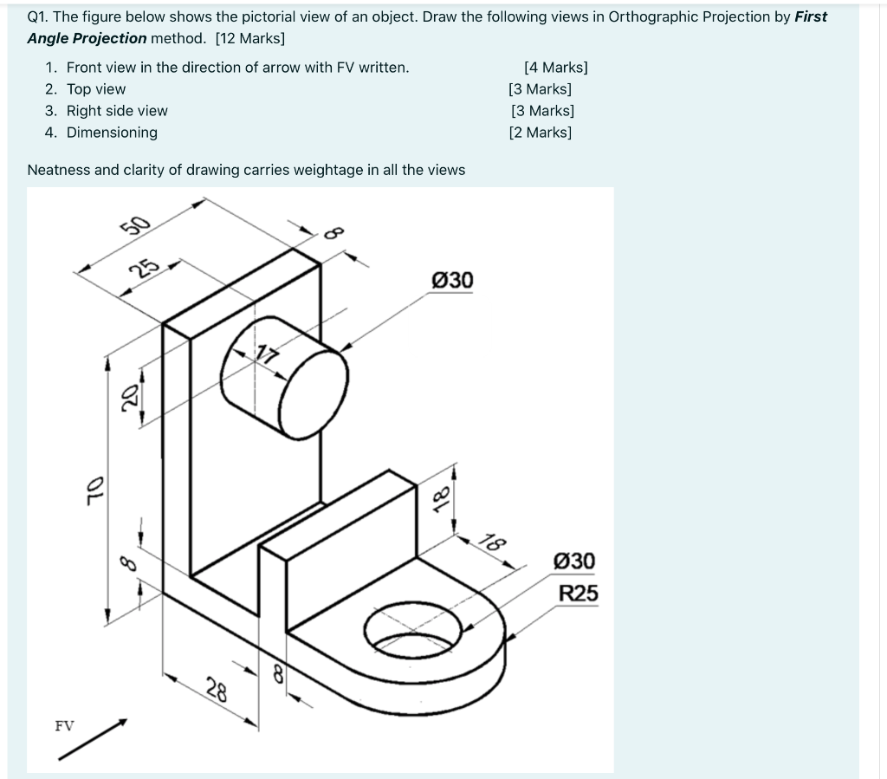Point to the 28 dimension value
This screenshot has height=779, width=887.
point(217,691)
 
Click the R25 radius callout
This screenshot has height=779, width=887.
point(578,594)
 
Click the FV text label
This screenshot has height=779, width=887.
point(64,725)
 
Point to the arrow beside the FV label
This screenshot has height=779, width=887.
point(94,739)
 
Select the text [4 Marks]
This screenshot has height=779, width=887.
point(555,68)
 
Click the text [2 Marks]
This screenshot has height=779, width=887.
point(541,133)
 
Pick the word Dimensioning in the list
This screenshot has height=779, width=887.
point(112,133)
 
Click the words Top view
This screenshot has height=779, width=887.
point(95,89)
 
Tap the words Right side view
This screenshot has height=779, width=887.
point(117,111)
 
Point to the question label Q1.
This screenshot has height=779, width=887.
point(39,16)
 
